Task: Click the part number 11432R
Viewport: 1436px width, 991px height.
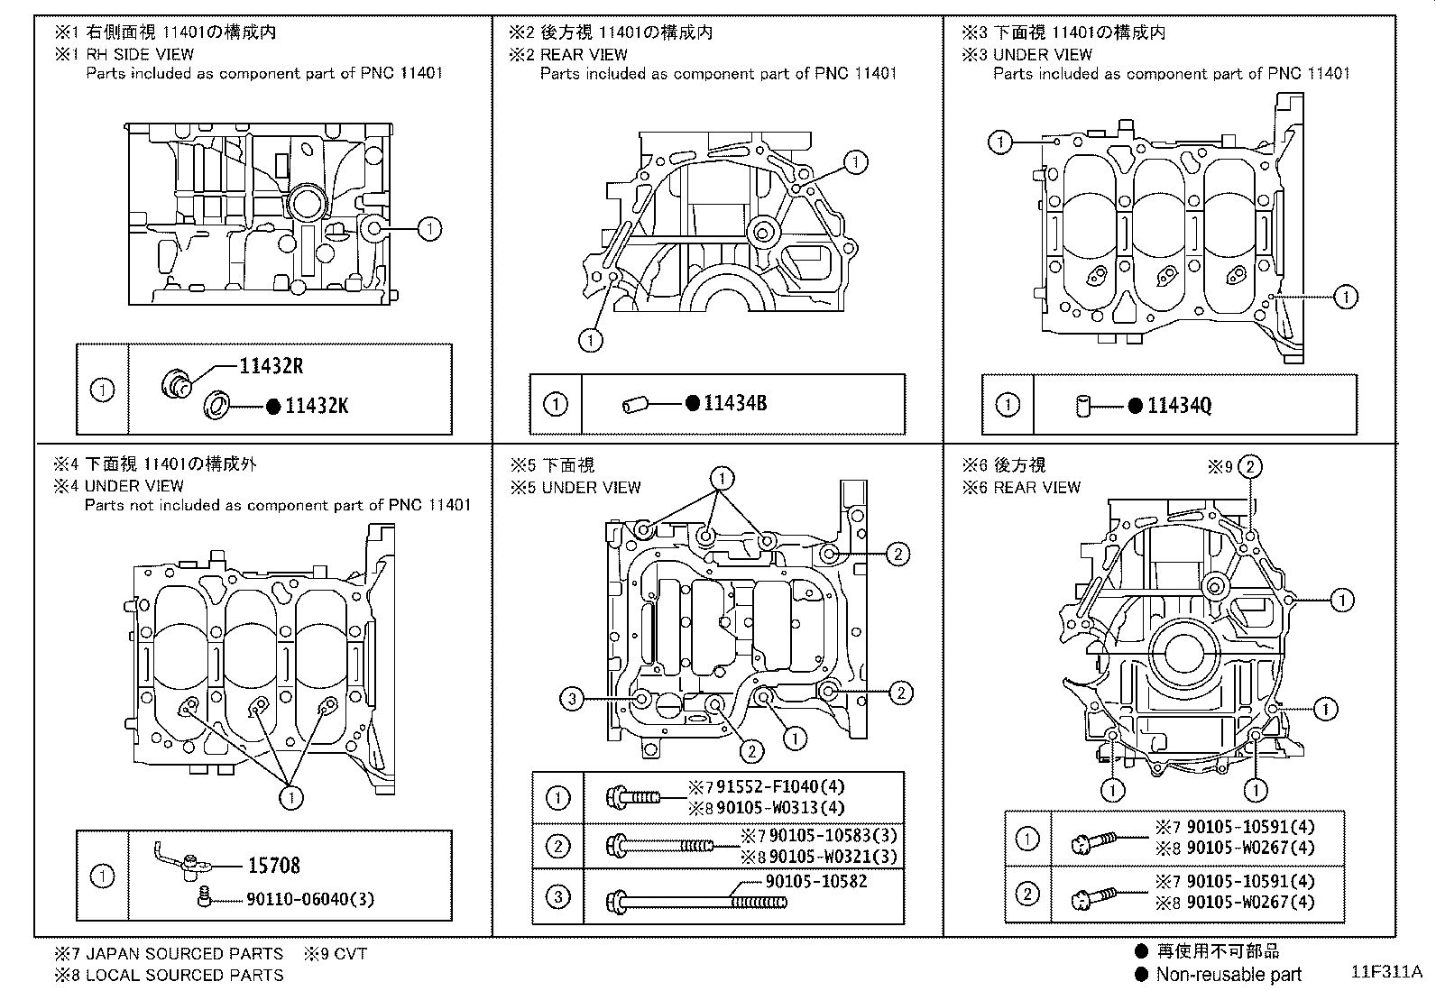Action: [271, 366]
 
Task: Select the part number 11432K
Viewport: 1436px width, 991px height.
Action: [316, 406]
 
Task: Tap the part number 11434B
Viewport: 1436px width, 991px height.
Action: [735, 404]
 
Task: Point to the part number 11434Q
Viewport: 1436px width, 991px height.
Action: [1179, 406]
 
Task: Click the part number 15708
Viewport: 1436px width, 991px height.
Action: [273, 866]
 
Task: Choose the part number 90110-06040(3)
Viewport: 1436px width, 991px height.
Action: [309, 899]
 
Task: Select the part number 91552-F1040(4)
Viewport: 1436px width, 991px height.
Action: [780, 787]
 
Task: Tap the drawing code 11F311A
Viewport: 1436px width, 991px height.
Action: [1385, 972]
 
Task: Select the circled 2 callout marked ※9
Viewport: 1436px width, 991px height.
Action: [1249, 466]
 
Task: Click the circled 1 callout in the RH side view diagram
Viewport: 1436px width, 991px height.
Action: [430, 229]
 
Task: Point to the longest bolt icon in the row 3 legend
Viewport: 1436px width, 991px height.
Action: [697, 900]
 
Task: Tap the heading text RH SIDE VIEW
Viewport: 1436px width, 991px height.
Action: [140, 54]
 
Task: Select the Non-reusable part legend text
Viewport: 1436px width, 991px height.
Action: [1228, 974]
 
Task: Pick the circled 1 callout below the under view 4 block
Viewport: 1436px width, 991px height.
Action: [291, 797]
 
